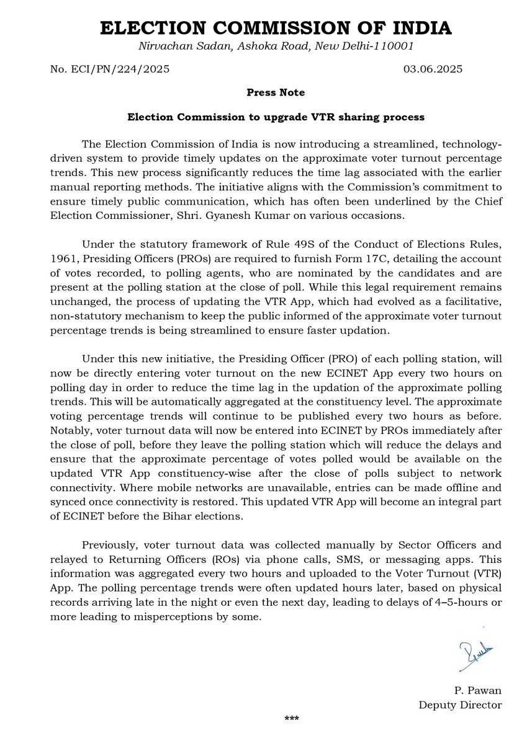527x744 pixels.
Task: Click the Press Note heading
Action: click(275, 92)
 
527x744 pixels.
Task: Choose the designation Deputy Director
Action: click(459, 705)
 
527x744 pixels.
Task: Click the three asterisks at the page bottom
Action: click(292, 719)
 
